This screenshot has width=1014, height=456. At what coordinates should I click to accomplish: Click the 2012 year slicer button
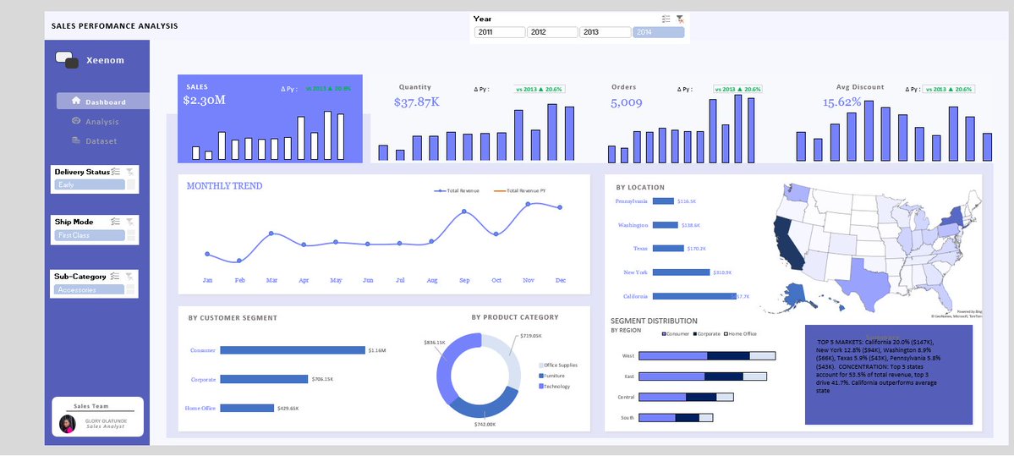pyautogui.click(x=551, y=32)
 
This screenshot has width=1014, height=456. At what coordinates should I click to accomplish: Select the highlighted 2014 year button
pyautogui.click(x=658, y=32)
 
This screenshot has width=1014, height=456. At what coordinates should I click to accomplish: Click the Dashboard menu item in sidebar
pyautogui.click(x=103, y=102)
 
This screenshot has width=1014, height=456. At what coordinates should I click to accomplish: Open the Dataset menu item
pyautogui.click(x=100, y=141)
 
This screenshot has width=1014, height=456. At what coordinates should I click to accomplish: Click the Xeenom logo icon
pyautogui.click(x=66, y=60)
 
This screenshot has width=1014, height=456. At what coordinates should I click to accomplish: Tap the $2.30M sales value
pyautogui.click(x=204, y=101)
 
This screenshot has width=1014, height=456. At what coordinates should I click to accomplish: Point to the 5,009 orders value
pyautogui.click(x=626, y=103)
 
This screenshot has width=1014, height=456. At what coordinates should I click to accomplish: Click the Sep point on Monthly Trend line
pyautogui.click(x=464, y=212)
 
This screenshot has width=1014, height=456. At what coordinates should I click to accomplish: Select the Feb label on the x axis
pyautogui.click(x=239, y=280)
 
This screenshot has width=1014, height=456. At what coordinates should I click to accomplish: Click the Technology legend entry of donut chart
pyautogui.click(x=556, y=387)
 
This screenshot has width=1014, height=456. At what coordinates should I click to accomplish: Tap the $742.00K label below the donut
pyautogui.click(x=485, y=424)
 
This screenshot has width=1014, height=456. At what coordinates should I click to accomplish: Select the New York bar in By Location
pyautogui.click(x=681, y=272)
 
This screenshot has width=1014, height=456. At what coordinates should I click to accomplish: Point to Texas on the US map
pyautogui.click(x=863, y=280)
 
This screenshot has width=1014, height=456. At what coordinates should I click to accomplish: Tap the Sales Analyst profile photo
pyautogui.click(x=68, y=423)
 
